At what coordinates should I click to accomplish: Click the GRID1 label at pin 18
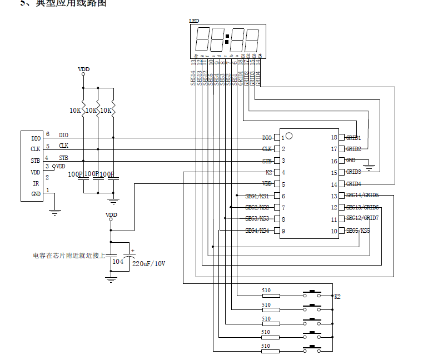(354, 137)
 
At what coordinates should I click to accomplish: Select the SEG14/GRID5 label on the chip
(362, 196)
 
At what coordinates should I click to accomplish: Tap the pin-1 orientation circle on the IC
(289, 136)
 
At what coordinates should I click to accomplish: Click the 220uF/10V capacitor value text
(148, 263)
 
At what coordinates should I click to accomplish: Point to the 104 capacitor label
(118, 261)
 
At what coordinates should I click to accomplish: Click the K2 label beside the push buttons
(337, 296)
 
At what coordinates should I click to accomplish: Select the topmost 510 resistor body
(271, 296)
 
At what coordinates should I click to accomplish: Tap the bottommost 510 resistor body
(271, 351)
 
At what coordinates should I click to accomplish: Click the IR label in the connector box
(36, 183)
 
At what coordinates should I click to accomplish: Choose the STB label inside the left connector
(36, 161)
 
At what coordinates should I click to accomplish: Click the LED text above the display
(194, 21)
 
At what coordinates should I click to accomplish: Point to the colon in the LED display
(227, 40)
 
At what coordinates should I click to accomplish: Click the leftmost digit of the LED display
(201, 40)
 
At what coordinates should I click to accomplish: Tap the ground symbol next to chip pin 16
(372, 165)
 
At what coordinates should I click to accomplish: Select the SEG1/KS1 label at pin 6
(257, 196)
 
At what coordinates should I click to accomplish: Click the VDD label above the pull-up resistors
(83, 69)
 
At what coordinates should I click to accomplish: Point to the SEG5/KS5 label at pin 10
(358, 231)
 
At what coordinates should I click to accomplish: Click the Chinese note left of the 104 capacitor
(69, 256)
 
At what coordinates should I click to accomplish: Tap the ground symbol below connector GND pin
(54, 211)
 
